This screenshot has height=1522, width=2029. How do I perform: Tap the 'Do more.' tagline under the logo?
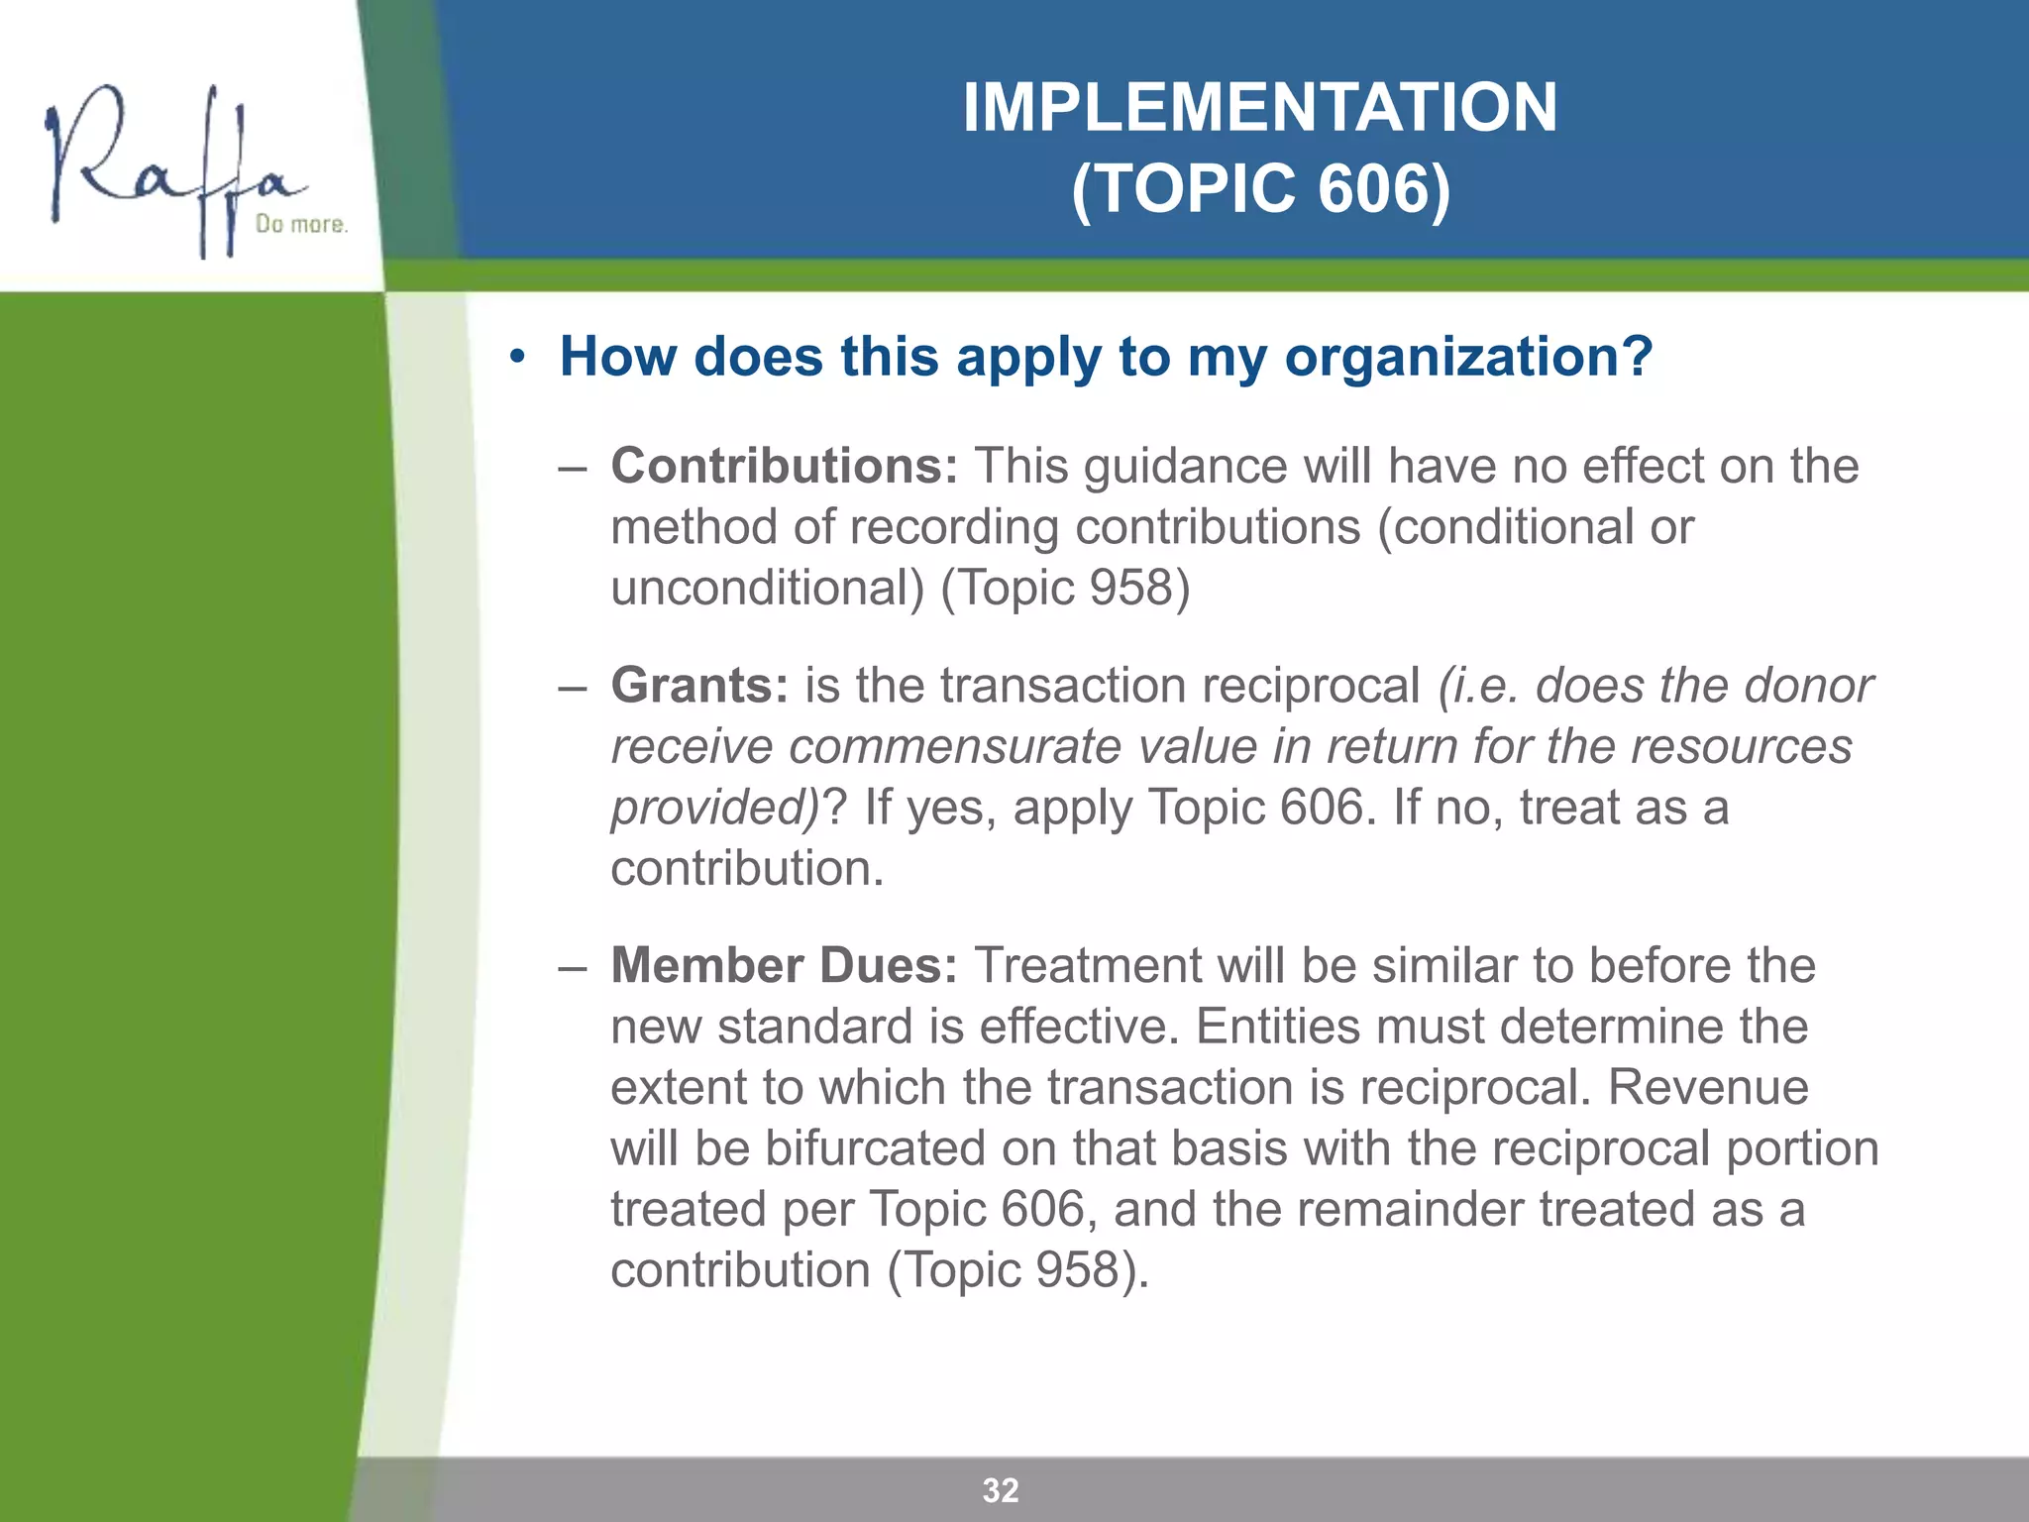pyautogui.click(x=301, y=225)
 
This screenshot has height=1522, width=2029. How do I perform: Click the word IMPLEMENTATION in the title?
pyautogui.click(x=1259, y=107)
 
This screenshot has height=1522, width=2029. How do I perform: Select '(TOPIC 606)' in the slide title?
pyautogui.click(x=1259, y=188)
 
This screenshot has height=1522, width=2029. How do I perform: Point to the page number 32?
pyautogui.click(x=1001, y=1490)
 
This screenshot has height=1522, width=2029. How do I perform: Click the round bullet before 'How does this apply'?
pyautogui.click(x=516, y=358)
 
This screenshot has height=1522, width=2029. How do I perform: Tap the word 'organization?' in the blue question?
pyautogui.click(x=1469, y=357)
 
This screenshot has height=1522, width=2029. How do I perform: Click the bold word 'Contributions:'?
pyautogui.click(x=784, y=466)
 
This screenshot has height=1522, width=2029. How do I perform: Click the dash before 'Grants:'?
pyautogui.click(x=572, y=687)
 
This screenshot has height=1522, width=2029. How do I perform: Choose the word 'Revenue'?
pyautogui.click(x=1708, y=1087)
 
